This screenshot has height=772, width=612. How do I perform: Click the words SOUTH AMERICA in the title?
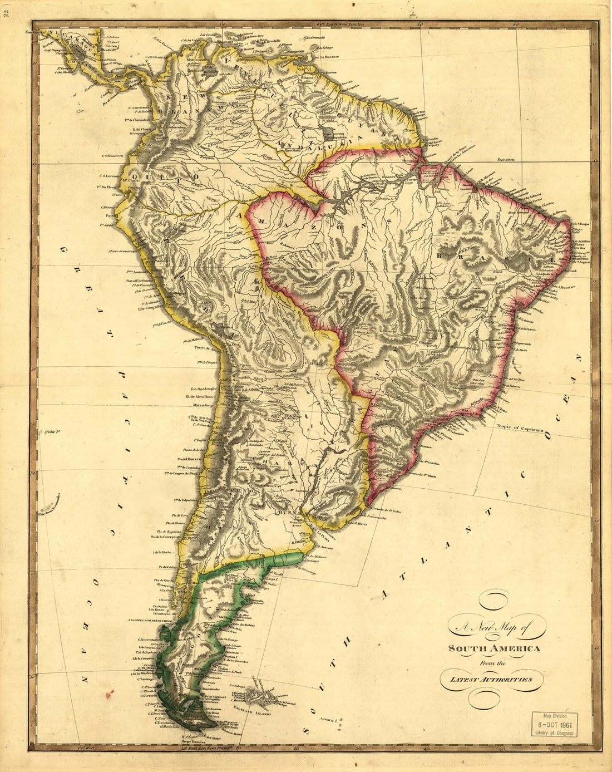495,649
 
